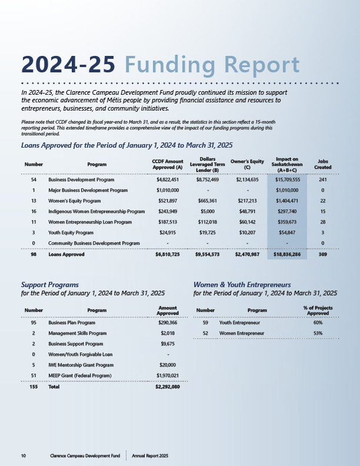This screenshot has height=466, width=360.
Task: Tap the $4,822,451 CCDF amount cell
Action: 168,179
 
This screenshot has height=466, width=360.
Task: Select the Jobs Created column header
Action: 322,164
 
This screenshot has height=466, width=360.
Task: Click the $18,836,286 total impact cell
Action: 287,255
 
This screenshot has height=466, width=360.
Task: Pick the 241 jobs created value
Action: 322,179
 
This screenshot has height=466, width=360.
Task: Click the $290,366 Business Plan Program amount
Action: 168,323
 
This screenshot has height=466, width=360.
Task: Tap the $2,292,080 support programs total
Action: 167,387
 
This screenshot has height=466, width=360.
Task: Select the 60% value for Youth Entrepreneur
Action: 318,323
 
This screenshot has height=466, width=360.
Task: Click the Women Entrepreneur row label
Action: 241,333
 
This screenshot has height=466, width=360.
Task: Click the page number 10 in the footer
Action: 23,456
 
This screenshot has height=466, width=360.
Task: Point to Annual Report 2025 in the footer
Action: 151,456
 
